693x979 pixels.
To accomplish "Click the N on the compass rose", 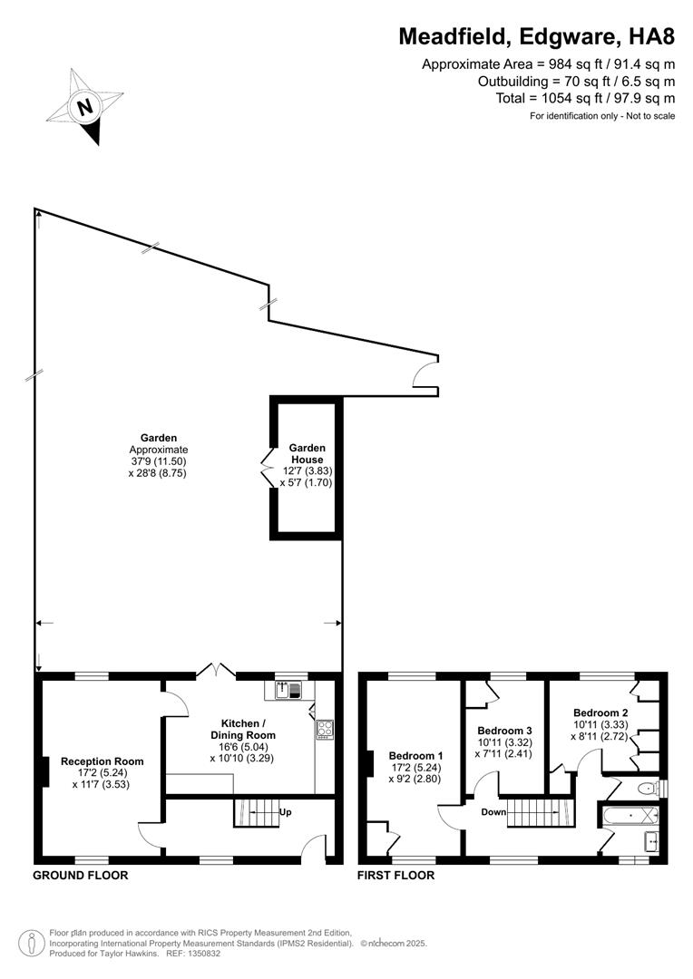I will point(85,106).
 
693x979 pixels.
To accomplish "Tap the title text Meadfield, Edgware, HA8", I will point(537,37).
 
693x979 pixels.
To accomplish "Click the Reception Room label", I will point(102,761).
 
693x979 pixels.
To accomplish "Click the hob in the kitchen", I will point(325,728).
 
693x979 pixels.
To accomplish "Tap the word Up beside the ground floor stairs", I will point(286,811).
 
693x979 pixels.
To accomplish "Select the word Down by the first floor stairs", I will point(493,812).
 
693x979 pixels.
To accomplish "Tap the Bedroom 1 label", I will point(415,755).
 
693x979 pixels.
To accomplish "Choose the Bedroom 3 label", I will point(503,731).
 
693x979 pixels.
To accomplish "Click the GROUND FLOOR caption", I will point(80,875).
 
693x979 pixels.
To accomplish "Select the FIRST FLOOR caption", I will point(395,875).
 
